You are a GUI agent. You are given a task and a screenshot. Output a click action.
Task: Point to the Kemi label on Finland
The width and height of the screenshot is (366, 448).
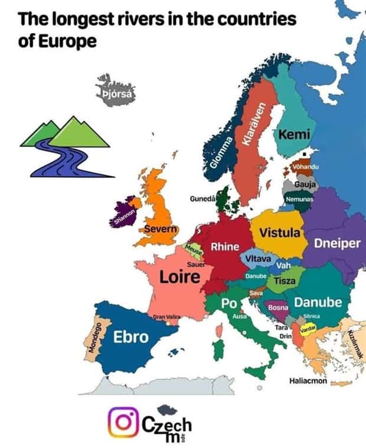(x=290, y=135)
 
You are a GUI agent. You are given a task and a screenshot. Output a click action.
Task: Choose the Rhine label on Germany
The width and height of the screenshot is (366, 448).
(x=225, y=246)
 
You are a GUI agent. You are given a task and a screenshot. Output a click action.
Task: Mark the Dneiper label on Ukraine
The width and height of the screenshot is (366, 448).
(x=336, y=244)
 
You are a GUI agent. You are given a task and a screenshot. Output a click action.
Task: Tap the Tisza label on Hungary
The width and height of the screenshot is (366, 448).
(x=284, y=281)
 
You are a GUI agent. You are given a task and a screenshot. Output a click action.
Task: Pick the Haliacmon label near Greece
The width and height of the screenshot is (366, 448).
(x=308, y=381)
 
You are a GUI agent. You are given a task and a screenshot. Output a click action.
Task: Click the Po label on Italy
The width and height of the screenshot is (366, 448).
(x=229, y=303)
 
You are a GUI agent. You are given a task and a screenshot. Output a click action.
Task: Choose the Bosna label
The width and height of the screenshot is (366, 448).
(x=277, y=308)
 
